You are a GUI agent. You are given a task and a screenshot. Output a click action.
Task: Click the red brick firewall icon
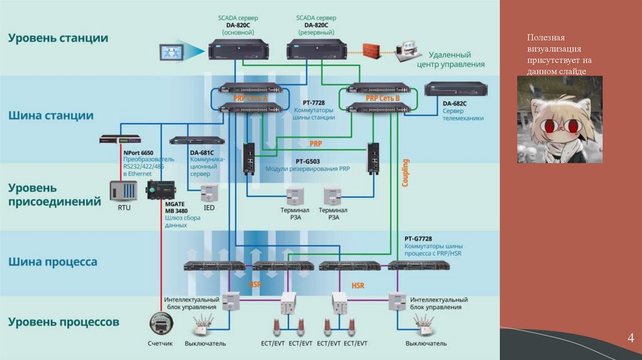point(374,50)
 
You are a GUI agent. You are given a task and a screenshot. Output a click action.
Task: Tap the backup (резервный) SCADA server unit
point(315,50)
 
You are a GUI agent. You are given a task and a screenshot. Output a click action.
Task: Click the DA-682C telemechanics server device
point(455,89)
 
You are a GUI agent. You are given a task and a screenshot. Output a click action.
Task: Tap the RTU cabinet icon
point(124,191)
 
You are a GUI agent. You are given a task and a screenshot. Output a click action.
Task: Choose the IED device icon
point(209,192)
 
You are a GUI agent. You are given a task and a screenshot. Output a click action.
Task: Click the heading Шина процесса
point(53,262)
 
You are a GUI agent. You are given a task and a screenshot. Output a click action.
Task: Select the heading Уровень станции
point(58,38)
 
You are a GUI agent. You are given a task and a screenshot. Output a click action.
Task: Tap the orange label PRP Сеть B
point(382,98)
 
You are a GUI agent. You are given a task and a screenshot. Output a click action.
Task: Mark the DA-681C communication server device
point(197,140)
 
